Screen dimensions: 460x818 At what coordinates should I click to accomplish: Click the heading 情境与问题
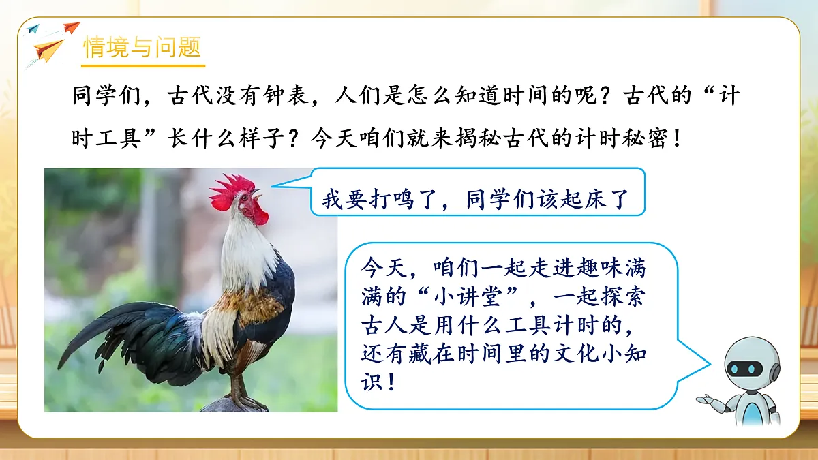pyautogui.click(x=142, y=48)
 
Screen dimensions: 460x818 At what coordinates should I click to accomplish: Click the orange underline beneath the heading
pyautogui.click(x=143, y=65)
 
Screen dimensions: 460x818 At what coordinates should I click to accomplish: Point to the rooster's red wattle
pyautogui.click(x=258, y=213)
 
